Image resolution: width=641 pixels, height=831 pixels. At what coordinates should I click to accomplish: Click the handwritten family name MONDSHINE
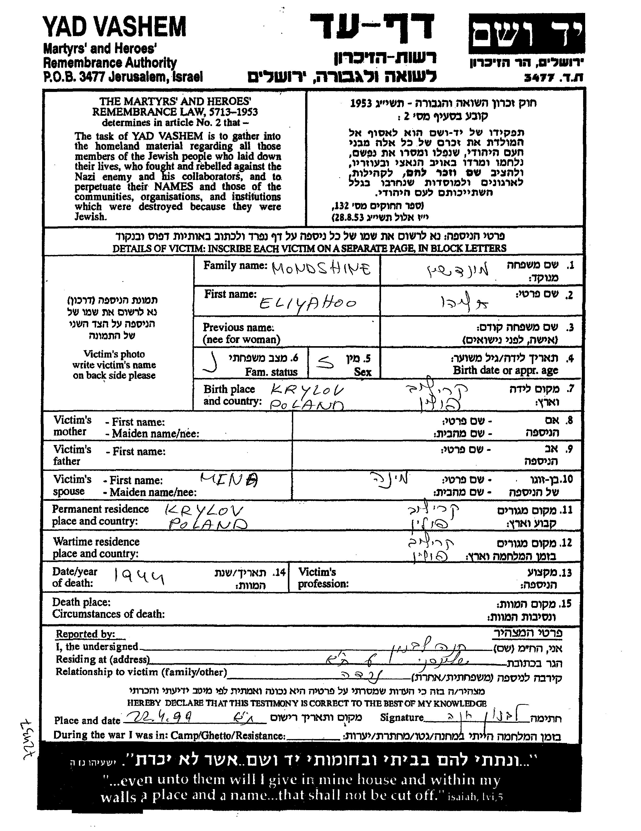pos(321,269)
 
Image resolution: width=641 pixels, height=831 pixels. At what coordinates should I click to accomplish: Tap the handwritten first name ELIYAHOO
pos(308,303)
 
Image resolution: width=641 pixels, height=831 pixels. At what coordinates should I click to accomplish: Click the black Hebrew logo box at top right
pos(526,34)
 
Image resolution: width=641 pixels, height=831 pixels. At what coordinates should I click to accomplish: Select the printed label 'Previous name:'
pos(238,327)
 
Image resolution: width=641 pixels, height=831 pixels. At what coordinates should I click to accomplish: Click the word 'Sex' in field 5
pos(362,372)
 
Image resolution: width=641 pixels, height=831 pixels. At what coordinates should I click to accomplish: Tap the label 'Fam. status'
pos(271,372)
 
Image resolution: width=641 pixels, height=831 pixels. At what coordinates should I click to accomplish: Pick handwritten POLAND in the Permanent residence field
pos(208,525)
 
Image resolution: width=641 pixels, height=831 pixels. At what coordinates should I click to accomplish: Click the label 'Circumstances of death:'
pos(108,614)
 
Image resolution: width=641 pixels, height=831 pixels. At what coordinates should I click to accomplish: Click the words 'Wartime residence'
pos(96,541)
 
